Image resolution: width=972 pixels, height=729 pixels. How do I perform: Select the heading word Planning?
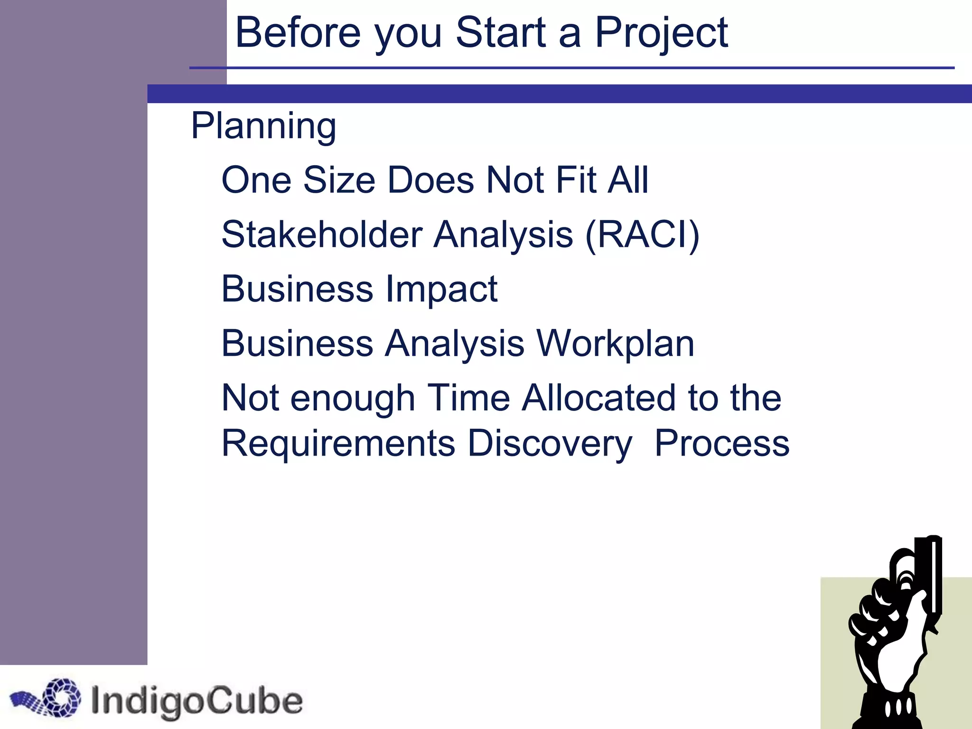[263, 126]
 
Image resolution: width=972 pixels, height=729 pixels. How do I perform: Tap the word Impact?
[441, 289]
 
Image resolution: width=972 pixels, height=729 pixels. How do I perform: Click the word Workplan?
[615, 343]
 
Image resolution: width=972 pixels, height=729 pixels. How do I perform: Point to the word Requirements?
[338, 443]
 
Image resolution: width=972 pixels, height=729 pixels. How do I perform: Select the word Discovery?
[549, 443]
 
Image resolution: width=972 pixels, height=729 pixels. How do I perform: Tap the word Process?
[721, 443]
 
